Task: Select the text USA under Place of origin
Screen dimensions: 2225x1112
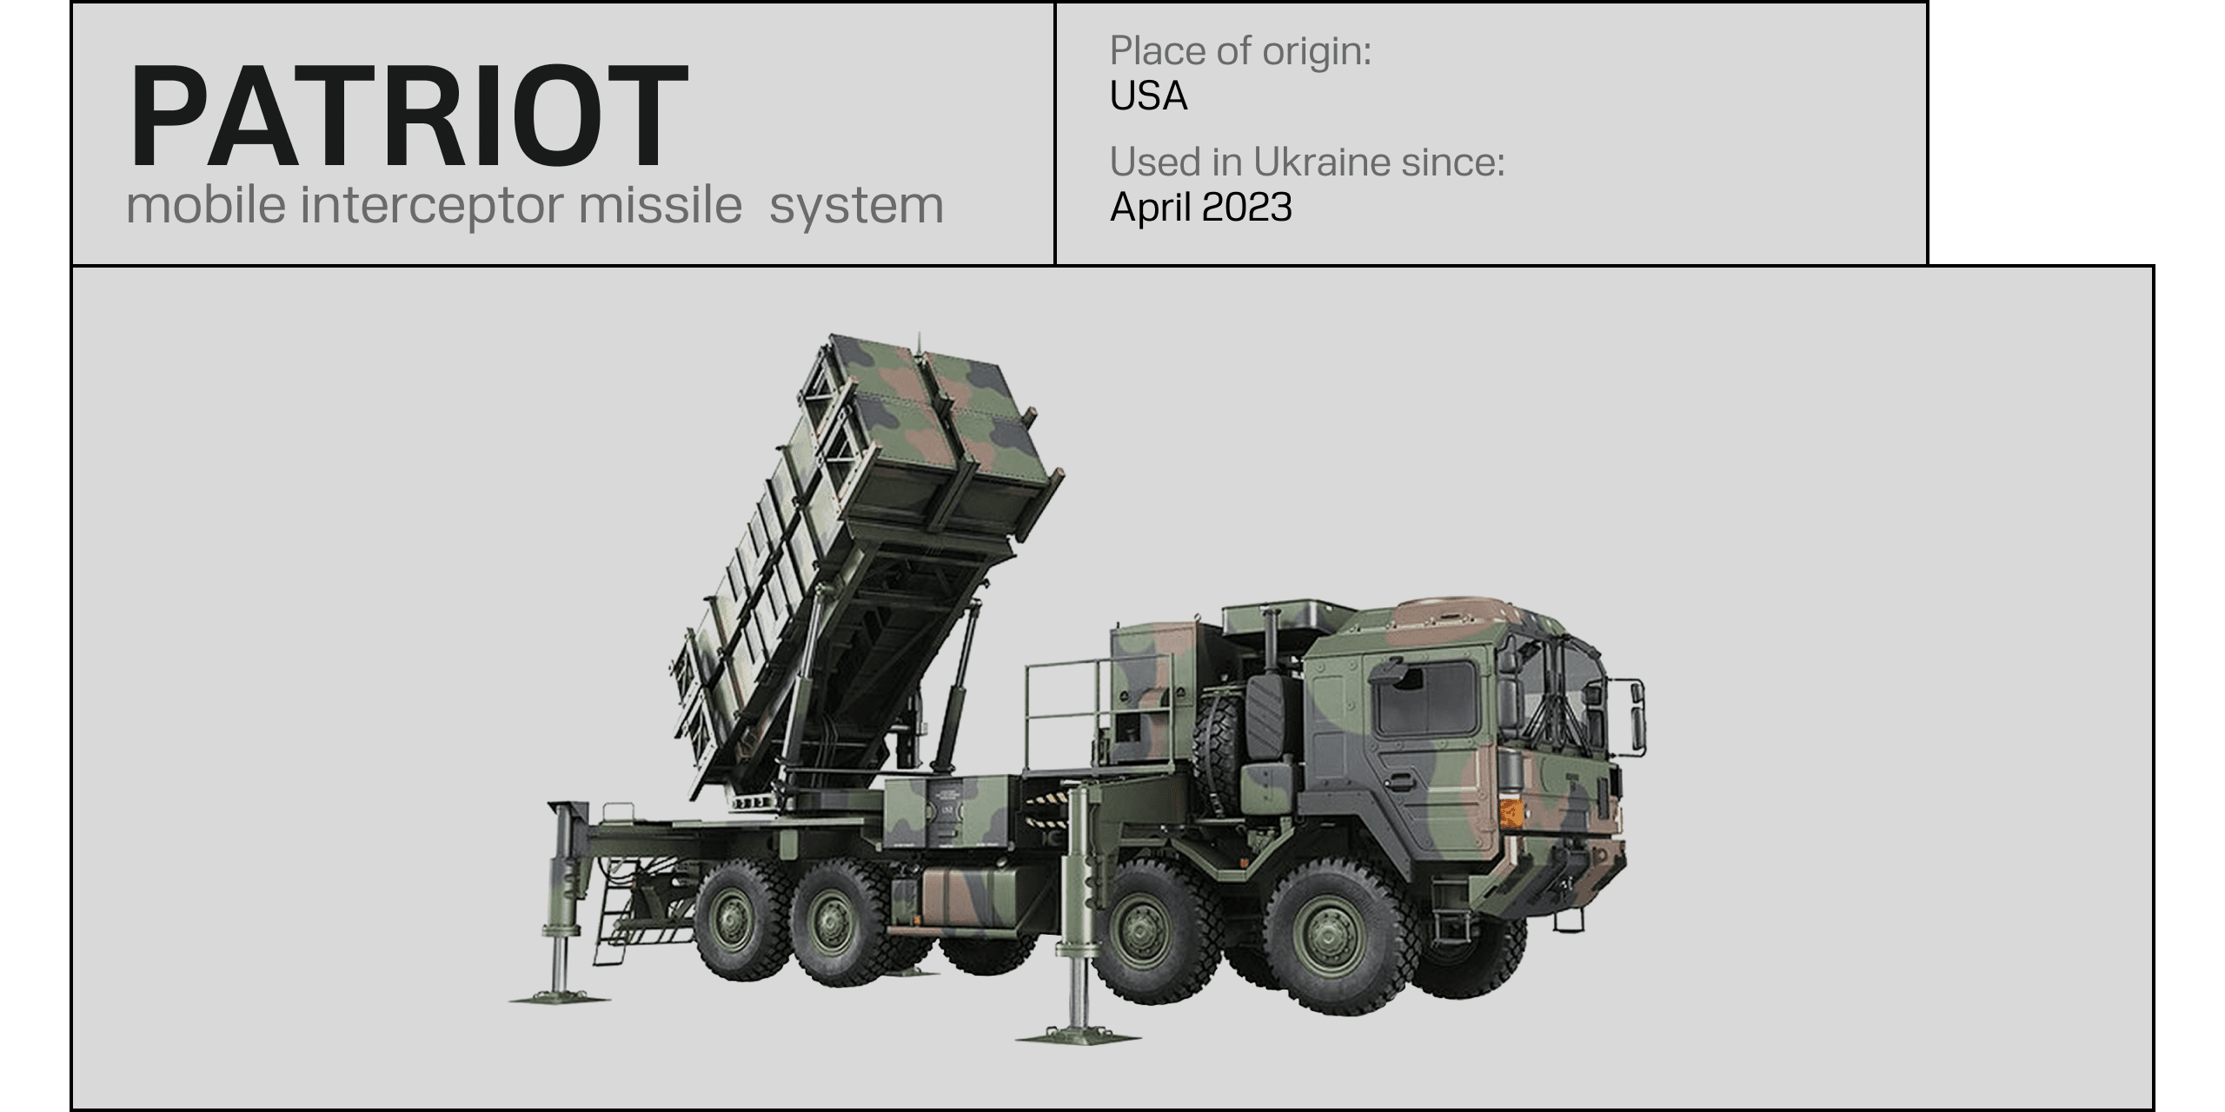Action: [x=1148, y=96]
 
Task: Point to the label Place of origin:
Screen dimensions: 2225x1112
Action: [x=1240, y=50]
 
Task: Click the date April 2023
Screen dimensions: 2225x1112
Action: [x=1201, y=207]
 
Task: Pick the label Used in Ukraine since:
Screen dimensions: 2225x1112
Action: [x=1307, y=162]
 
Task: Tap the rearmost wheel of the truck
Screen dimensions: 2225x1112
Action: [x=732, y=920]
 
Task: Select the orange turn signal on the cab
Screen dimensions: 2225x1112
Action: [x=1511, y=813]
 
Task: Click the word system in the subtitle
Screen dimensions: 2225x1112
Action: [x=856, y=207]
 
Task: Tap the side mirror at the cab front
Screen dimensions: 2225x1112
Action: [x=1637, y=715]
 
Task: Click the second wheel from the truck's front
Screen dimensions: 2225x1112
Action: [x=1154, y=931]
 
